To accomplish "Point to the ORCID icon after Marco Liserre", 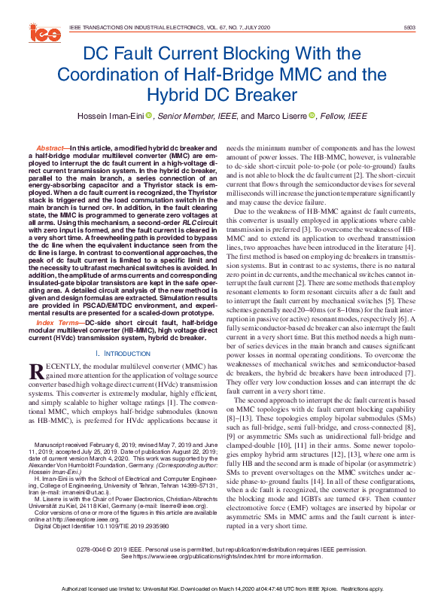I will (x=315, y=116).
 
